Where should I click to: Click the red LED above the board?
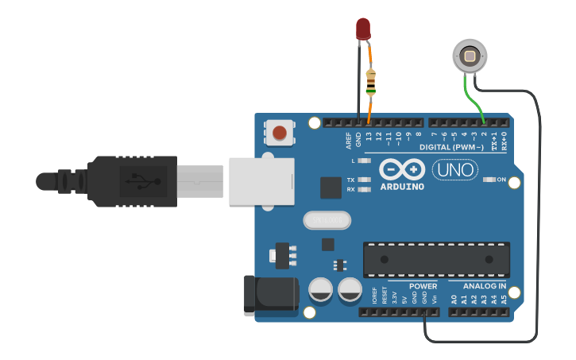[362, 29]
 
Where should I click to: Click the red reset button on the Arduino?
[279, 132]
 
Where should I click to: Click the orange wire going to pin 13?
[370, 107]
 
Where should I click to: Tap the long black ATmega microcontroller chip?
[435, 260]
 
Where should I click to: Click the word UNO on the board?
[454, 169]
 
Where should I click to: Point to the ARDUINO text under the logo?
[401, 187]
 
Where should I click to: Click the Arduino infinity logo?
[401, 168]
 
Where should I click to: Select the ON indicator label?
[501, 180]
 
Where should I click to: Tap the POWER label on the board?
[423, 285]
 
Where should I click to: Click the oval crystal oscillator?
[326, 220]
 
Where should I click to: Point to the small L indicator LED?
[365, 161]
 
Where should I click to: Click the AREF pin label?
[348, 141]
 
